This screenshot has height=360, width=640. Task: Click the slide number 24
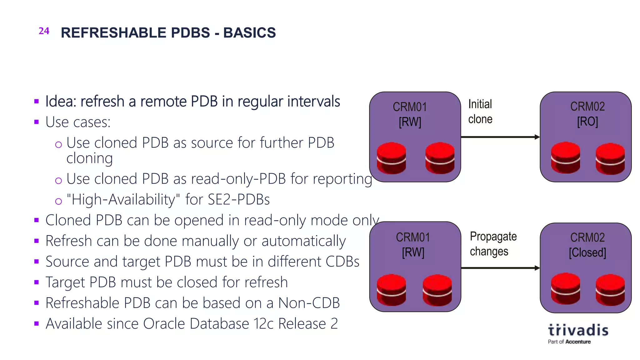pos(44,31)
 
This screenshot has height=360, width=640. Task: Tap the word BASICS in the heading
pos(249,33)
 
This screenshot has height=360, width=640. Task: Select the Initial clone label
pos(480,112)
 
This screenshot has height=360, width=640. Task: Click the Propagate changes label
pos(493,244)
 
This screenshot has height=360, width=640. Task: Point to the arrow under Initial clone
pos(500,137)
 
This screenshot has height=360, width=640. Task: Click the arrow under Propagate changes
pos(500,268)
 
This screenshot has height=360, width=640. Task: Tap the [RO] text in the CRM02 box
pos(587,121)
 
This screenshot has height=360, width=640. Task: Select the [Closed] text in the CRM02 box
pos(587,252)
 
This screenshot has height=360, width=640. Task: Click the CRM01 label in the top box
pos(410,107)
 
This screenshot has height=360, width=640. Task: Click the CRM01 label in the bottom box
pos(413,237)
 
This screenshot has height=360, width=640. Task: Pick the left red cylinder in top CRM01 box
pos(391,158)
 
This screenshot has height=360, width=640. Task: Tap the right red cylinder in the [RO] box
pos(610,158)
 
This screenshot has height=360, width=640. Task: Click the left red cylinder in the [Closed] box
pos(565,288)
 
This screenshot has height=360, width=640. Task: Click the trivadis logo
pos(578,330)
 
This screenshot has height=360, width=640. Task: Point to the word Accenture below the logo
pos(578,342)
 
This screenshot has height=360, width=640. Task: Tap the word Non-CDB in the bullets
pos(309,303)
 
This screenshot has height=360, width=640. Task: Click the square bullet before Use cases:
pos(37,122)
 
